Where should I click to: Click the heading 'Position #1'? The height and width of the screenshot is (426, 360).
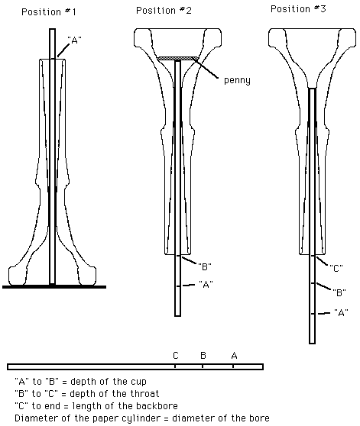(x=49, y=12)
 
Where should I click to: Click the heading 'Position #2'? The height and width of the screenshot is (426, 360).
(x=164, y=11)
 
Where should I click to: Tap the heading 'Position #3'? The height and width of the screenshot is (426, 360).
(x=298, y=9)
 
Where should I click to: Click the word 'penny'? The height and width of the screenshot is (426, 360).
(x=237, y=80)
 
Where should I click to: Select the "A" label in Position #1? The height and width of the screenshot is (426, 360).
(x=74, y=40)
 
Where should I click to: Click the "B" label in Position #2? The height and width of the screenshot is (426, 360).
(x=205, y=266)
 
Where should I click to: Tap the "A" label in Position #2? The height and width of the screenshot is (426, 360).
(x=206, y=285)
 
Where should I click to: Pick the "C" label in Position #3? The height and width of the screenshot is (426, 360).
(x=336, y=269)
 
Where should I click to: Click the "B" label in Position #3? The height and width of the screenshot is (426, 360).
(x=339, y=292)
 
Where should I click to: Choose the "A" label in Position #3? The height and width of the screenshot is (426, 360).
(x=341, y=312)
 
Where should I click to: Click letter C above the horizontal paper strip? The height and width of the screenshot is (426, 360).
(x=176, y=355)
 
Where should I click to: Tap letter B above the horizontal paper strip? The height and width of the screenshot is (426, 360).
(x=203, y=355)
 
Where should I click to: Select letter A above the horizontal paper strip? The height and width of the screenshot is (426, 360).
(x=234, y=355)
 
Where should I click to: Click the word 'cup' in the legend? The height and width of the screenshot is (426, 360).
(x=138, y=382)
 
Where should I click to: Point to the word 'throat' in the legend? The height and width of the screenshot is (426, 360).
(x=144, y=394)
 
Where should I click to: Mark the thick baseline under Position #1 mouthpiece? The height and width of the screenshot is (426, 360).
(x=54, y=286)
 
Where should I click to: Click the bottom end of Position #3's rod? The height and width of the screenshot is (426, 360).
(x=313, y=344)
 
